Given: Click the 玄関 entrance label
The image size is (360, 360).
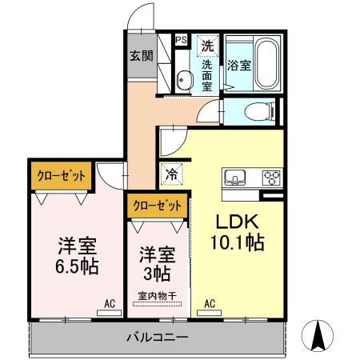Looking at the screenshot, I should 142,56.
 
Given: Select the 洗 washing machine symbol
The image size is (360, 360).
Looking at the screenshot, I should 208,46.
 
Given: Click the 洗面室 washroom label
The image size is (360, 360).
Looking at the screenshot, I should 208,75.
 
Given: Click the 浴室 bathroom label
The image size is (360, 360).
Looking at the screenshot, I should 239,66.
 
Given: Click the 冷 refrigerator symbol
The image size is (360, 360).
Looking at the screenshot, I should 172,171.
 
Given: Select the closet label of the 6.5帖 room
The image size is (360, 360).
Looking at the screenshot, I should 61,175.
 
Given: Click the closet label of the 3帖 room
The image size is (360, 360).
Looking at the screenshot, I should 157,206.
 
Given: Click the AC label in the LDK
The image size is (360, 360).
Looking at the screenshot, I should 210,303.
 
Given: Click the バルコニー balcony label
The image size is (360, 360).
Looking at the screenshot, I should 157,336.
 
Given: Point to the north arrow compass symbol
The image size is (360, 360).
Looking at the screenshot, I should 320,336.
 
